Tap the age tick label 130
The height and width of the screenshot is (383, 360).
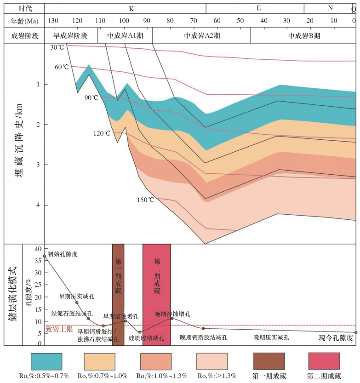53,21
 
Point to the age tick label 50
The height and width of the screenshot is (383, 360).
240,21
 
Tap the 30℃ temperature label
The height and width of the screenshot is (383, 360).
58,47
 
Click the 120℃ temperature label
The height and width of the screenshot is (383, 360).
102,133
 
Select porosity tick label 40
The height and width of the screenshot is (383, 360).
38,248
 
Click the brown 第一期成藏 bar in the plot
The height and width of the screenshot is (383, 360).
118,294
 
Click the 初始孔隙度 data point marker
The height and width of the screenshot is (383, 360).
45,256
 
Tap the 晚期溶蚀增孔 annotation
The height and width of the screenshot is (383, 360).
172,314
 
